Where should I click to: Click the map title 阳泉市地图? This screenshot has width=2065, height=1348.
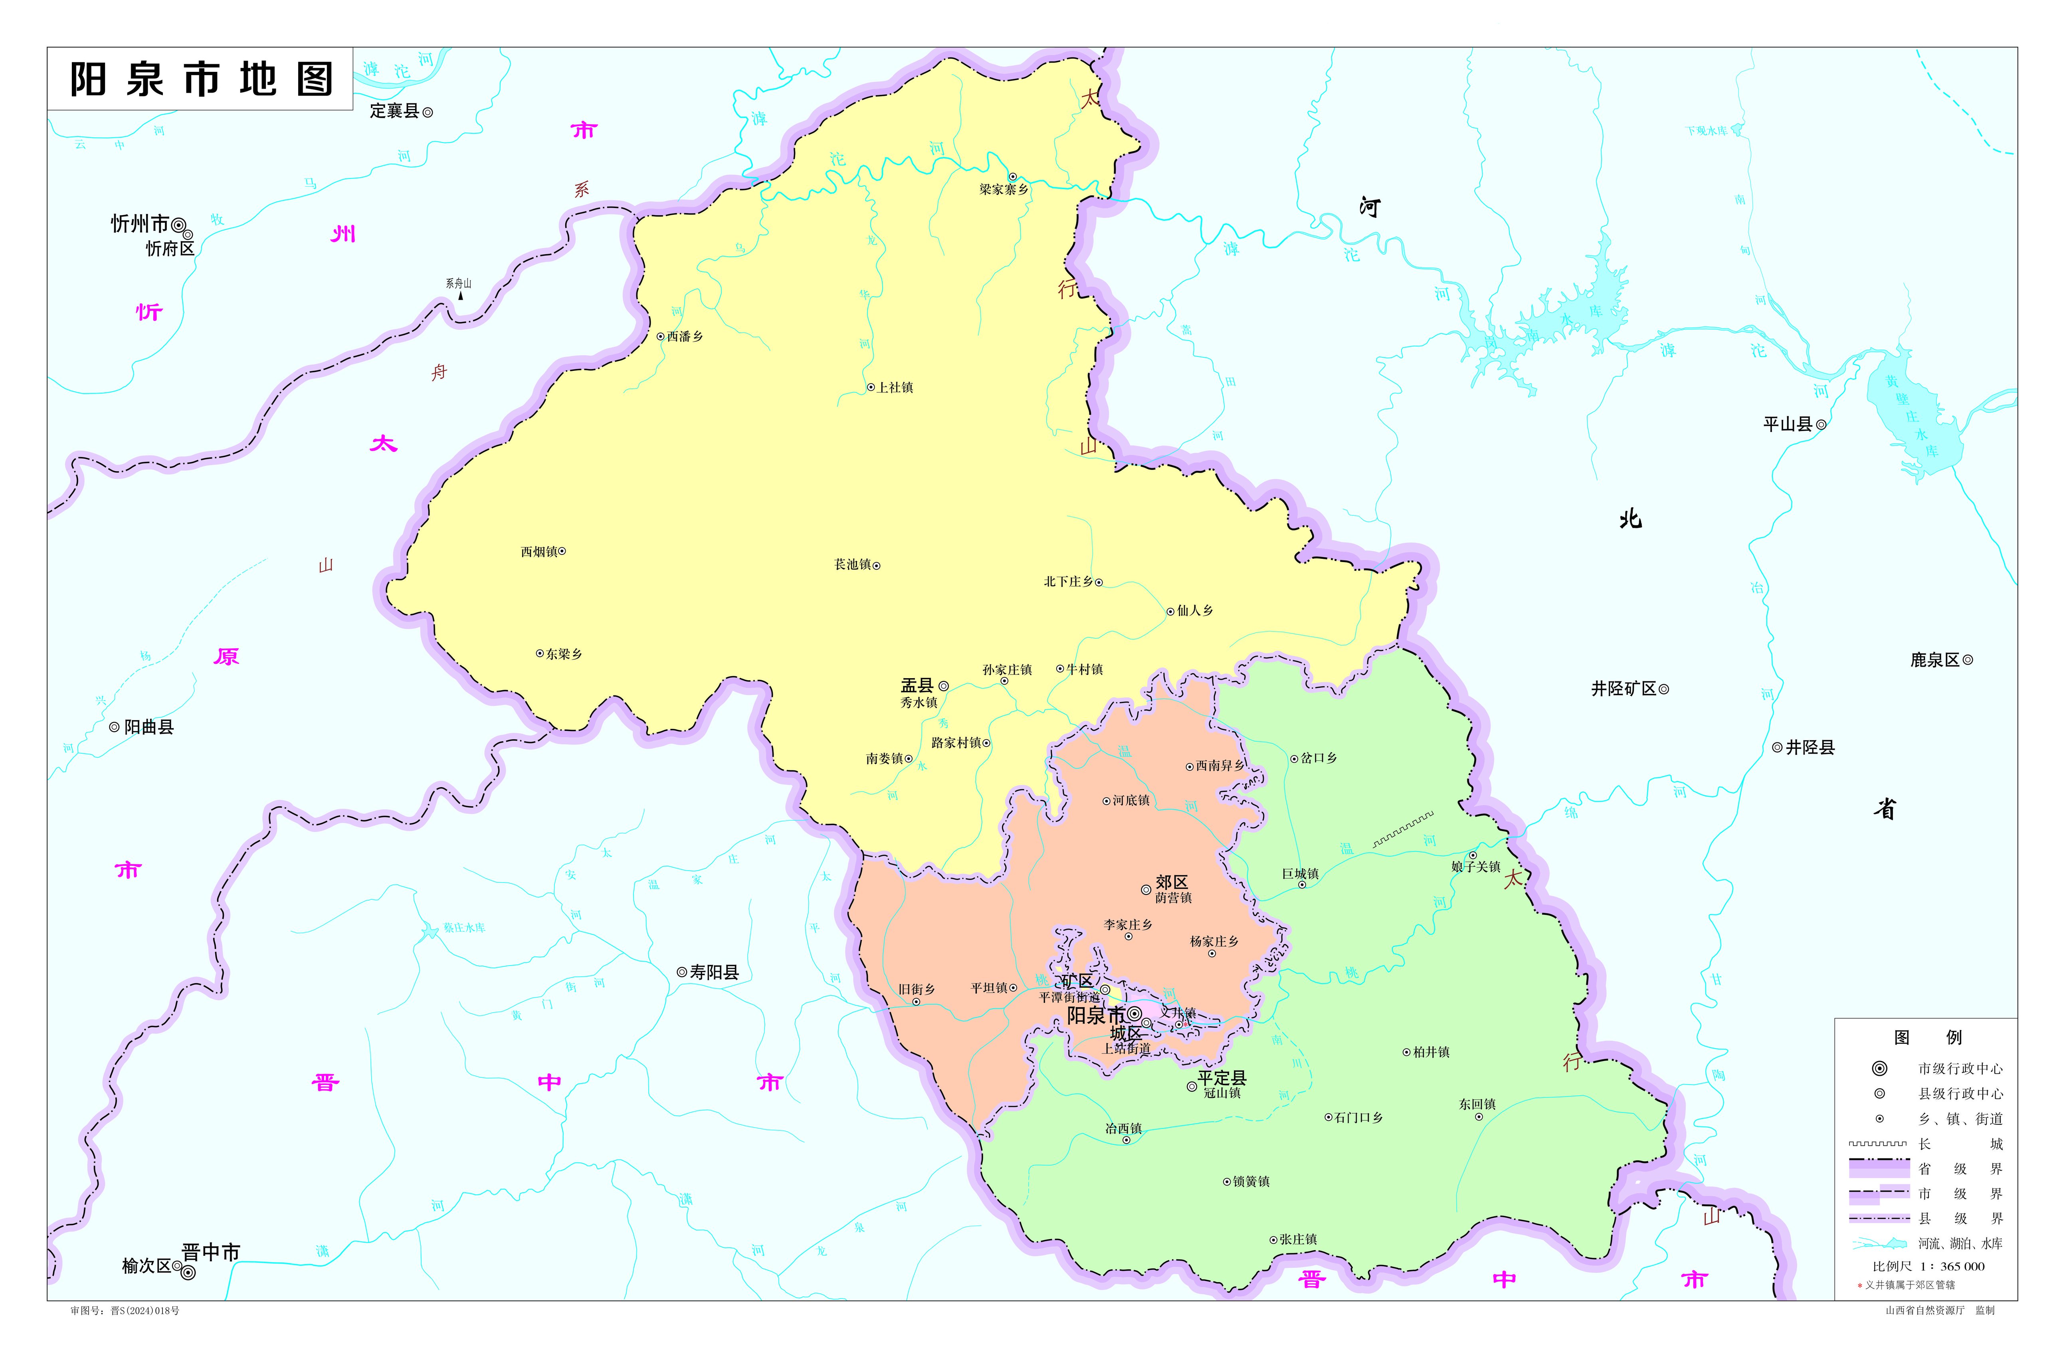(201, 79)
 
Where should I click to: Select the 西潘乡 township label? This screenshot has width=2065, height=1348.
(685, 337)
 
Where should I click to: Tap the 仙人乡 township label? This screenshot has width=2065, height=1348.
(1195, 611)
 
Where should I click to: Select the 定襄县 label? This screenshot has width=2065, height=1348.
(395, 111)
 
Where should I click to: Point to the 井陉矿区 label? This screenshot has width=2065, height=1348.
(1623, 689)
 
